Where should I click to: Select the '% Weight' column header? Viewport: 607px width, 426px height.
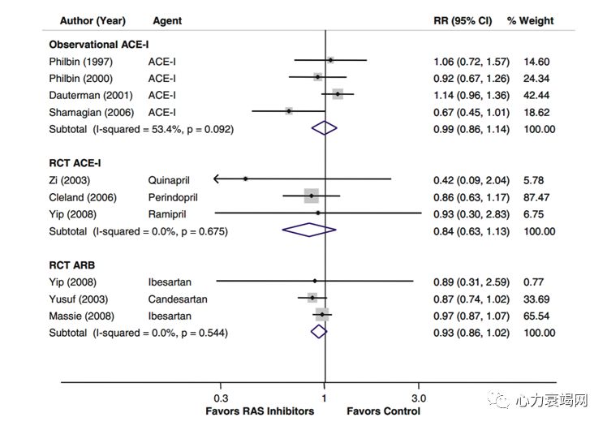point(531,19)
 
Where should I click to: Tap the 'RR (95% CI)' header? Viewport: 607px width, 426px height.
point(463,19)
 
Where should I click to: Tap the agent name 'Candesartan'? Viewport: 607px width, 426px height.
point(178,299)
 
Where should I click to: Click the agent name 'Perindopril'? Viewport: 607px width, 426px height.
point(173,197)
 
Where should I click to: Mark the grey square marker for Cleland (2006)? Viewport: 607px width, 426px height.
point(312,196)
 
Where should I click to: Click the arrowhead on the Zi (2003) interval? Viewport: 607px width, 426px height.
point(217,179)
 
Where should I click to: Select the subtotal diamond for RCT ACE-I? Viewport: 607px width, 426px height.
point(309,230)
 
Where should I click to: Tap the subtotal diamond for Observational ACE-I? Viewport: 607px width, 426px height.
point(324,128)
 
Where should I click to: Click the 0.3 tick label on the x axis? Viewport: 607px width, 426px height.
point(221,398)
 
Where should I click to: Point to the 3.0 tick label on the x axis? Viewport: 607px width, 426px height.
point(419,398)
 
